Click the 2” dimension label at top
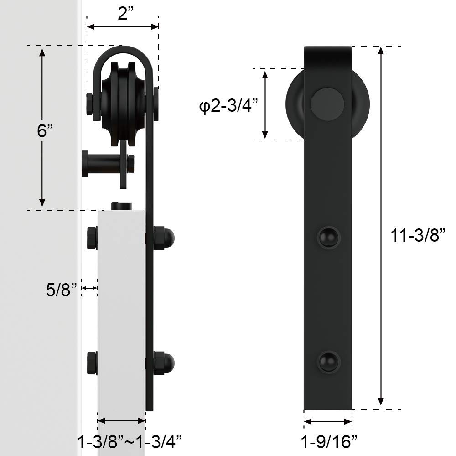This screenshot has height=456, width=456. point(126,13)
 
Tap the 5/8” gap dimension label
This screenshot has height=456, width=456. point(62,290)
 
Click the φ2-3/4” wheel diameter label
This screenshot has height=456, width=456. point(228,106)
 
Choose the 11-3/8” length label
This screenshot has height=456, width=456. point(418,235)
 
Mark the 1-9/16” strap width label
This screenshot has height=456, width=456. point(329,442)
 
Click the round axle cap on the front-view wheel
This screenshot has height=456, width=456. point(327,104)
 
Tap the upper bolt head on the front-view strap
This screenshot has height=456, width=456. point(329,237)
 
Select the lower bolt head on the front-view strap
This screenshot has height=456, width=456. point(329,362)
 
